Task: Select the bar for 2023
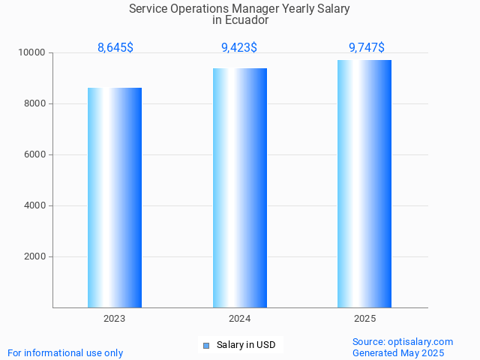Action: (x=115, y=197)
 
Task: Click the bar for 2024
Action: (x=240, y=187)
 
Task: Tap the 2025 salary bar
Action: (x=364, y=184)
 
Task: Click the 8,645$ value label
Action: (x=115, y=48)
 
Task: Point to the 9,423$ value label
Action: (x=239, y=48)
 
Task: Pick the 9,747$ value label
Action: (x=367, y=48)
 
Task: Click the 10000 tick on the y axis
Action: (x=32, y=52)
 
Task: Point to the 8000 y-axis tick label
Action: (x=34, y=103)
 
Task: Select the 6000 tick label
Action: (x=34, y=154)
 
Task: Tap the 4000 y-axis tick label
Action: (x=34, y=205)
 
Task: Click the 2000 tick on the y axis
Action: (x=34, y=256)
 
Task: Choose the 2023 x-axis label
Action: (x=115, y=319)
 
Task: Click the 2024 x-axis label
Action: (x=240, y=319)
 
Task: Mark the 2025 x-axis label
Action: (x=365, y=319)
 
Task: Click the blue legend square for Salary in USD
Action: (x=206, y=346)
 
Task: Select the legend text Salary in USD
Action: (x=246, y=345)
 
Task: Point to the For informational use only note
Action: (x=65, y=352)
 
